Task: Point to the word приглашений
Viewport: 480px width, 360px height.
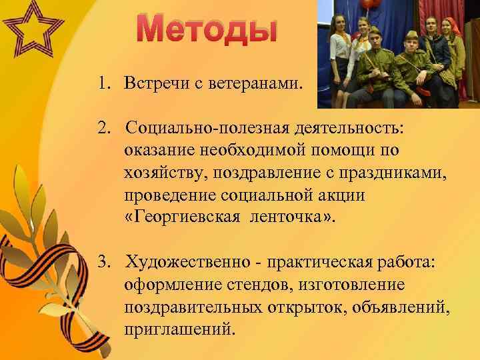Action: tap(179, 329)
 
